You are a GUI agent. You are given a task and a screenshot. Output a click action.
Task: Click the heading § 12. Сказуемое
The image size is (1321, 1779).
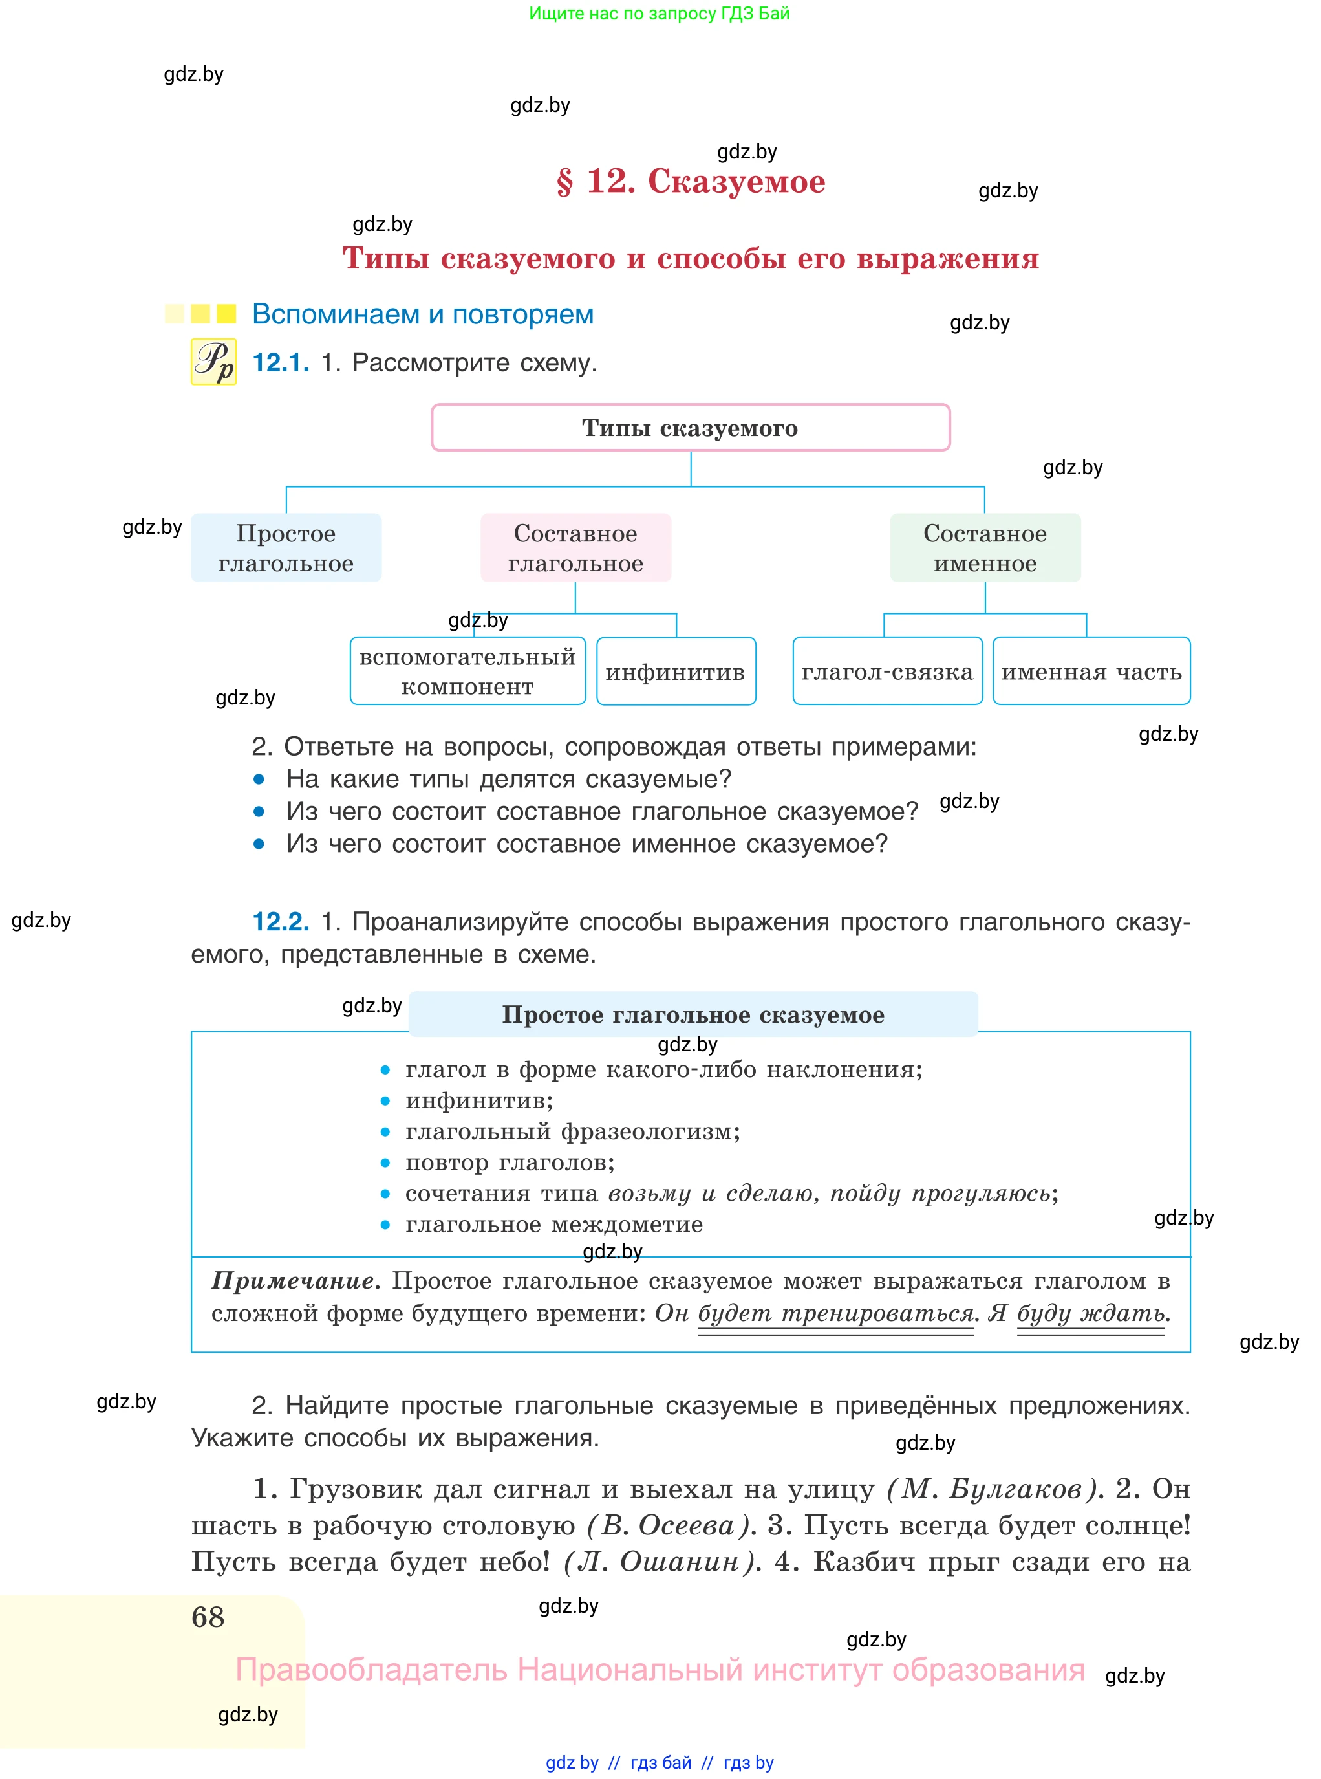(690, 182)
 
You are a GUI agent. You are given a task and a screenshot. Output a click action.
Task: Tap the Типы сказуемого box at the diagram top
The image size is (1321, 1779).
(690, 428)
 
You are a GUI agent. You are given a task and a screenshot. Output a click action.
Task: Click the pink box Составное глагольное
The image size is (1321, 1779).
(575, 548)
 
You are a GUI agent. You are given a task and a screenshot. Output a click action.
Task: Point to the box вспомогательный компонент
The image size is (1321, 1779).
(467, 671)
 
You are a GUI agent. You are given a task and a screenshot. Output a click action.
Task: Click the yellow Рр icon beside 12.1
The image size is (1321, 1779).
(213, 362)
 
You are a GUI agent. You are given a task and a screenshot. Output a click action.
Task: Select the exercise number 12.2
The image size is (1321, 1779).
(281, 921)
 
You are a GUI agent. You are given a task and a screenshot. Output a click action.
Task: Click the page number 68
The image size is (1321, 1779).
(208, 1617)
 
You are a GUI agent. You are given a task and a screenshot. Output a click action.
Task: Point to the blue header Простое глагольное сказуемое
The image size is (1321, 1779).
(693, 1014)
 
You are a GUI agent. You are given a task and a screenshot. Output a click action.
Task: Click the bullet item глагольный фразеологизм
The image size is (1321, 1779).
(572, 1131)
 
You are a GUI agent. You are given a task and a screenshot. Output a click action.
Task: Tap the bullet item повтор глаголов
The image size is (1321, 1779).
(510, 1162)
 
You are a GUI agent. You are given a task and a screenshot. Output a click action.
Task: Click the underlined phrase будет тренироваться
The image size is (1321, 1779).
(835, 1313)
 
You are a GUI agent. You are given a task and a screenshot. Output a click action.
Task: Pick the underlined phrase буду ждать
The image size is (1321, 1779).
(1091, 1313)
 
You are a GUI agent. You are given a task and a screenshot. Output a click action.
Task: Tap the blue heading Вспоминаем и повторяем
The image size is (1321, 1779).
(422, 314)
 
